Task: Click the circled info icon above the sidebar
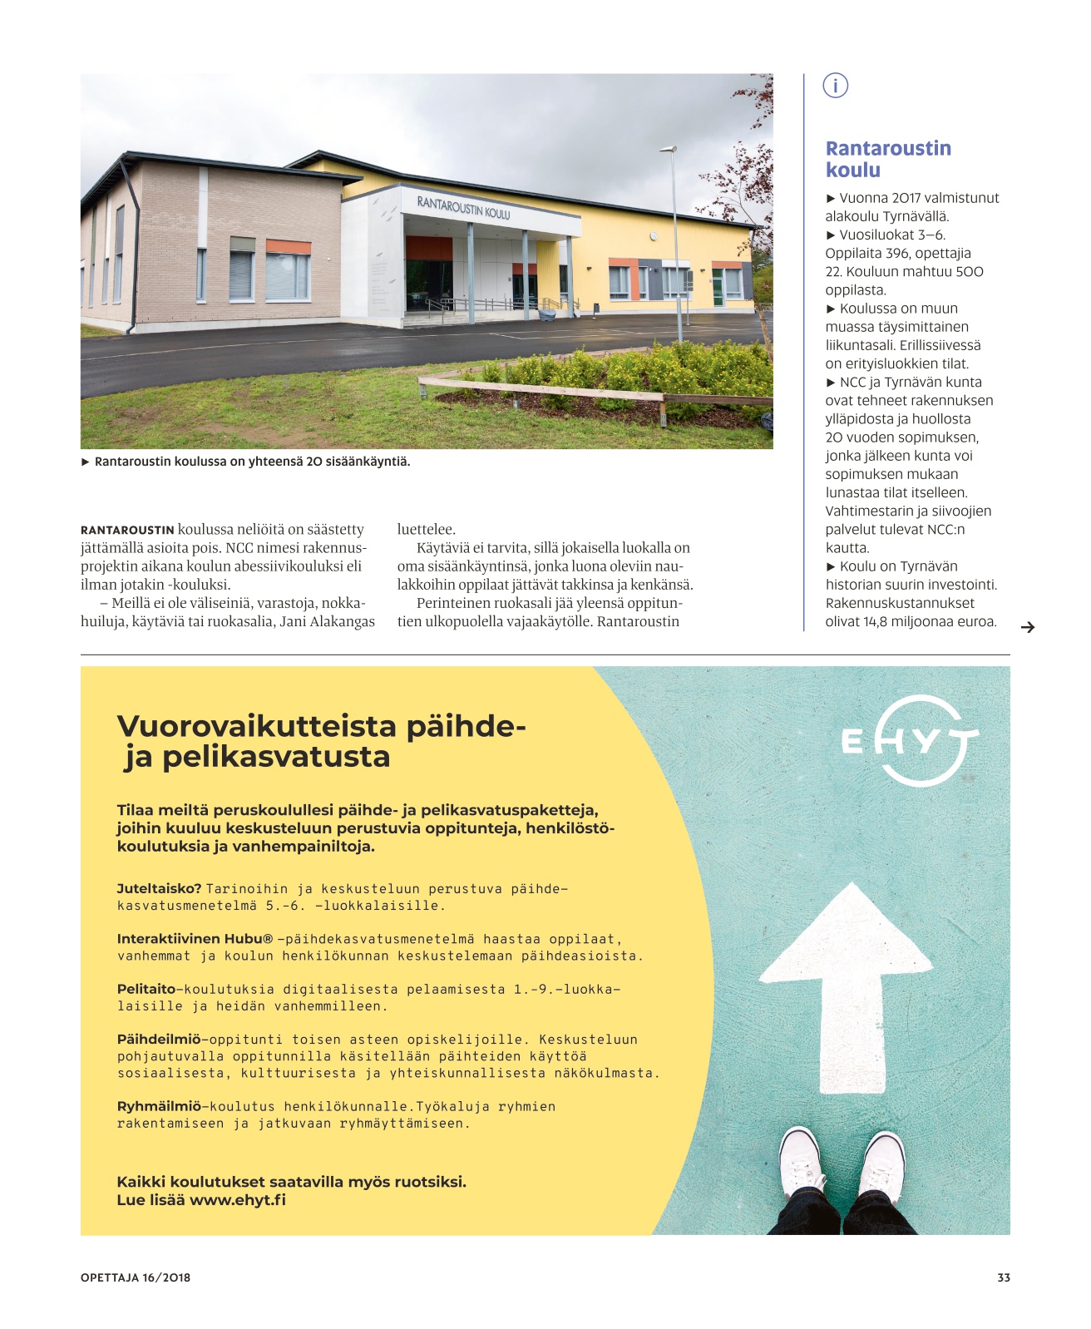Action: tap(835, 85)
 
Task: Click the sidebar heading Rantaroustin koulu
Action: tap(887, 159)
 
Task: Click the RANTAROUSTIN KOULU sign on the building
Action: tap(463, 207)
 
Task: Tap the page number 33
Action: tap(1004, 1277)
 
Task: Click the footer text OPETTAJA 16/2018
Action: tap(136, 1277)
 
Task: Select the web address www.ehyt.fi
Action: tap(238, 1200)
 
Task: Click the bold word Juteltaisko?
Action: tap(159, 888)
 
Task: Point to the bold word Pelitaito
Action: tap(146, 989)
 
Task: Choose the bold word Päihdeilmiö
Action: tap(158, 1040)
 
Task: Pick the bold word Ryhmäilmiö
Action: tap(159, 1106)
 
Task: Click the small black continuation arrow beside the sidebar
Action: tap(1028, 627)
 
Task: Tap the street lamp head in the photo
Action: tap(667, 151)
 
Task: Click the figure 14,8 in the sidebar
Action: tap(873, 621)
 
